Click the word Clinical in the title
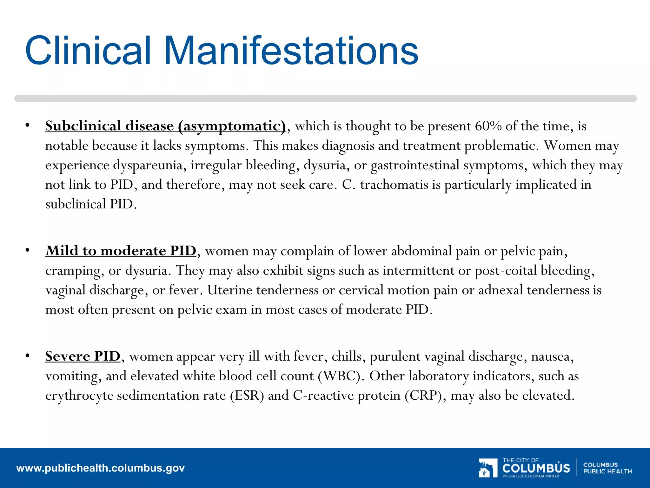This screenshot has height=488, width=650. [88, 51]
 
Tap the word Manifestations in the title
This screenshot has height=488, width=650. [291, 51]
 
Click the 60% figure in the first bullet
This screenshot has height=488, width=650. [488, 126]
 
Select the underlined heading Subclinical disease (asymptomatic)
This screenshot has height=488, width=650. [165, 126]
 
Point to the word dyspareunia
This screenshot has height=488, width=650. [148, 166]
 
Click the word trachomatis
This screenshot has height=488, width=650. [394, 185]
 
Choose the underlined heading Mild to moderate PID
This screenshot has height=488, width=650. [121, 251]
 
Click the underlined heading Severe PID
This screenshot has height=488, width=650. [83, 356]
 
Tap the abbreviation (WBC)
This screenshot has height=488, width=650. [339, 376]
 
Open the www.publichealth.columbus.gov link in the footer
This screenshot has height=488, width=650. [100, 468]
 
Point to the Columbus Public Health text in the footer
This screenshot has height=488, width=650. [607, 468]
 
